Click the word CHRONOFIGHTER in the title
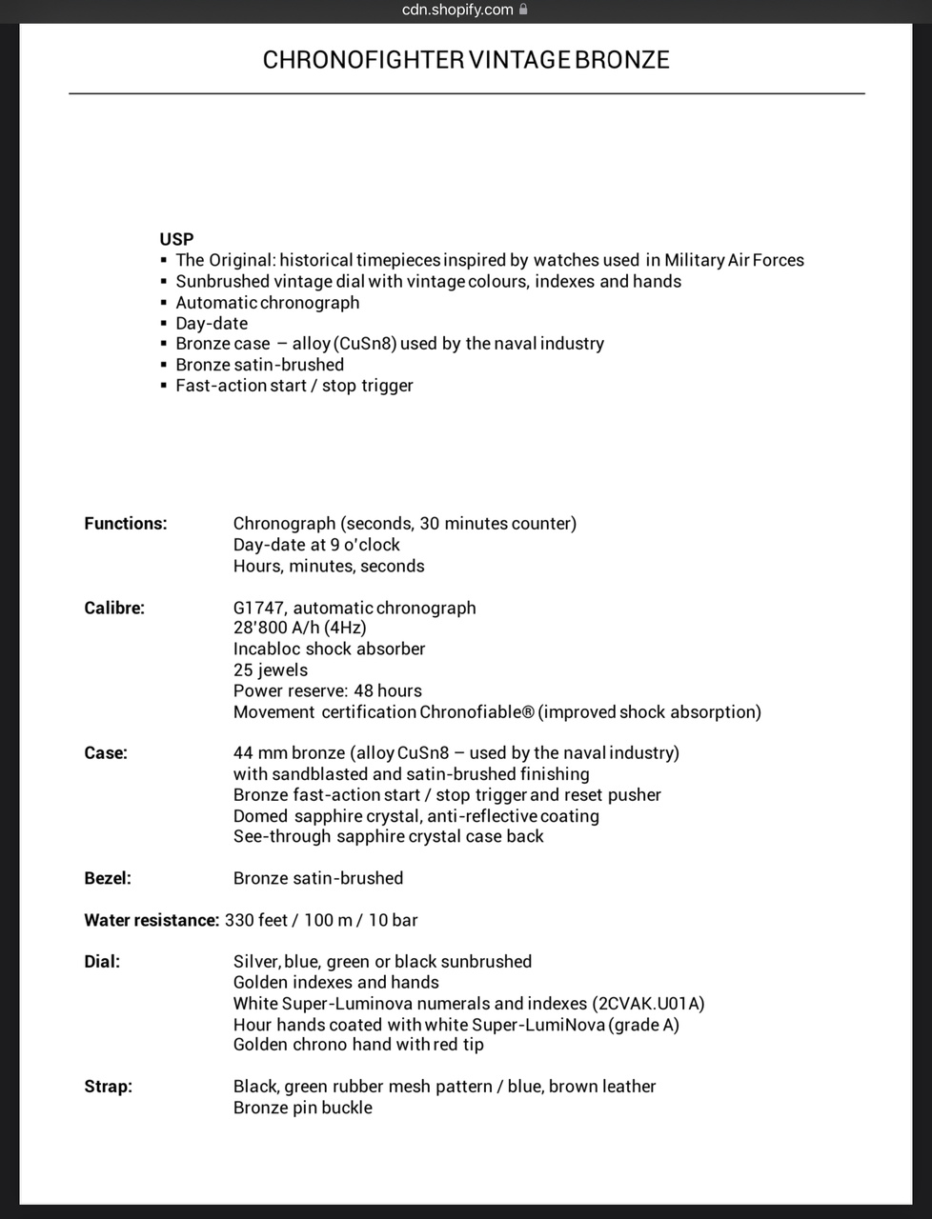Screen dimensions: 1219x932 click(x=363, y=60)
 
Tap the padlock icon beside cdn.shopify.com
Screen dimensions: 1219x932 click(x=523, y=10)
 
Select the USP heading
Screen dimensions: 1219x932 click(x=176, y=239)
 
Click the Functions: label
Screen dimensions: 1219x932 click(x=125, y=524)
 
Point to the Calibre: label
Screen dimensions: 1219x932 click(x=114, y=608)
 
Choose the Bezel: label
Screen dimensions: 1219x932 click(x=108, y=878)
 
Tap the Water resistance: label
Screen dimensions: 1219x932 click(x=152, y=920)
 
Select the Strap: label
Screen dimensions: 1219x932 click(x=108, y=1087)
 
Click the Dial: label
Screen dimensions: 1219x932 click(x=102, y=962)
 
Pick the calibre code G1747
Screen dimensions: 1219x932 click(x=258, y=608)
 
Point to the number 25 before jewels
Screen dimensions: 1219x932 click(x=243, y=669)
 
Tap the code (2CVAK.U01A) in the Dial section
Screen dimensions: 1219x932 click(x=648, y=1003)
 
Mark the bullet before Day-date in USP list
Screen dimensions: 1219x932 click(x=164, y=324)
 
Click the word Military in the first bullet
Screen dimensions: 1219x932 click(x=694, y=260)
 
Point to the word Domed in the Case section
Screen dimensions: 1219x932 click(x=260, y=816)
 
